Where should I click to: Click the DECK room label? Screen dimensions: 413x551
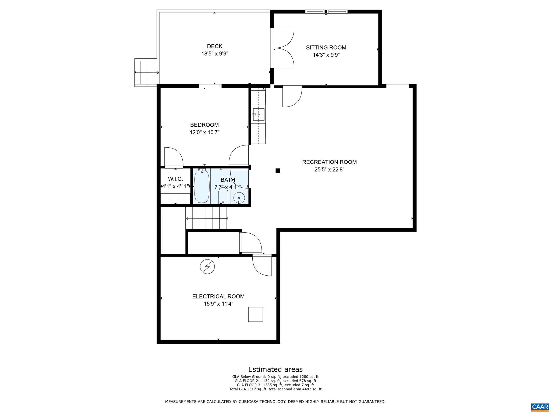(x=214, y=46)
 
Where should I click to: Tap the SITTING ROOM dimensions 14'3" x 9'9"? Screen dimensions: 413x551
(x=326, y=55)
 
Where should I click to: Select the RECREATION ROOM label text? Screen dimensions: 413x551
(x=329, y=162)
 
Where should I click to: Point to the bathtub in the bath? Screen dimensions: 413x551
(x=202, y=186)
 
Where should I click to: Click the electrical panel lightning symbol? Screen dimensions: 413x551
(x=207, y=267)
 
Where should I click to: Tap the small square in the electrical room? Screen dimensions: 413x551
(x=255, y=314)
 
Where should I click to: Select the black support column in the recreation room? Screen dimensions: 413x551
(x=278, y=171)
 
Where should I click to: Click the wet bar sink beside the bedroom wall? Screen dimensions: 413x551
(x=259, y=114)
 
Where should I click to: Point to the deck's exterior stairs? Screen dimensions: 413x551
(x=147, y=72)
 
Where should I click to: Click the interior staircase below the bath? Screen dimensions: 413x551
(x=206, y=219)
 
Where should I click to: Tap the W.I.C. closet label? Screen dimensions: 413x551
(x=175, y=179)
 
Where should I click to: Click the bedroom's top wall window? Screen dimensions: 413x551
(x=210, y=86)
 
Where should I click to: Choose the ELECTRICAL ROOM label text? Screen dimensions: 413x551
(x=218, y=296)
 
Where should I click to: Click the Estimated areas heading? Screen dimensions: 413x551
(x=275, y=369)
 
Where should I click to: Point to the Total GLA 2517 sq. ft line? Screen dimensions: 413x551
(x=275, y=389)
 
